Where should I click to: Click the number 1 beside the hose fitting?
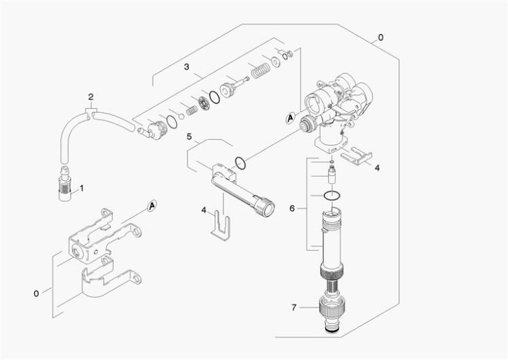tap(81, 187)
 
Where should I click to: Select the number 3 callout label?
tap(186, 66)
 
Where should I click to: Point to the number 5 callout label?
tap(189, 136)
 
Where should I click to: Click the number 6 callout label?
tap(292, 208)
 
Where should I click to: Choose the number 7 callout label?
tap(293, 307)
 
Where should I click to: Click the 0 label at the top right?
tap(380, 36)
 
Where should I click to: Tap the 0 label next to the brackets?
tap(36, 293)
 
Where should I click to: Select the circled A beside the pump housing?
tap(290, 118)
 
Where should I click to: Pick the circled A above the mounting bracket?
tap(152, 205)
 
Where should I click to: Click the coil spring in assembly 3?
tap(260, 71)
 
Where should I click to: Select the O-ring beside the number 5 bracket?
tap(240, 164)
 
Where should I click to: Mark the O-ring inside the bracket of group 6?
tap(332, 197)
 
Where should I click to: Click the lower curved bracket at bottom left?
tap(108, 280)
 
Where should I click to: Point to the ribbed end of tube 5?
tap(264, 208)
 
